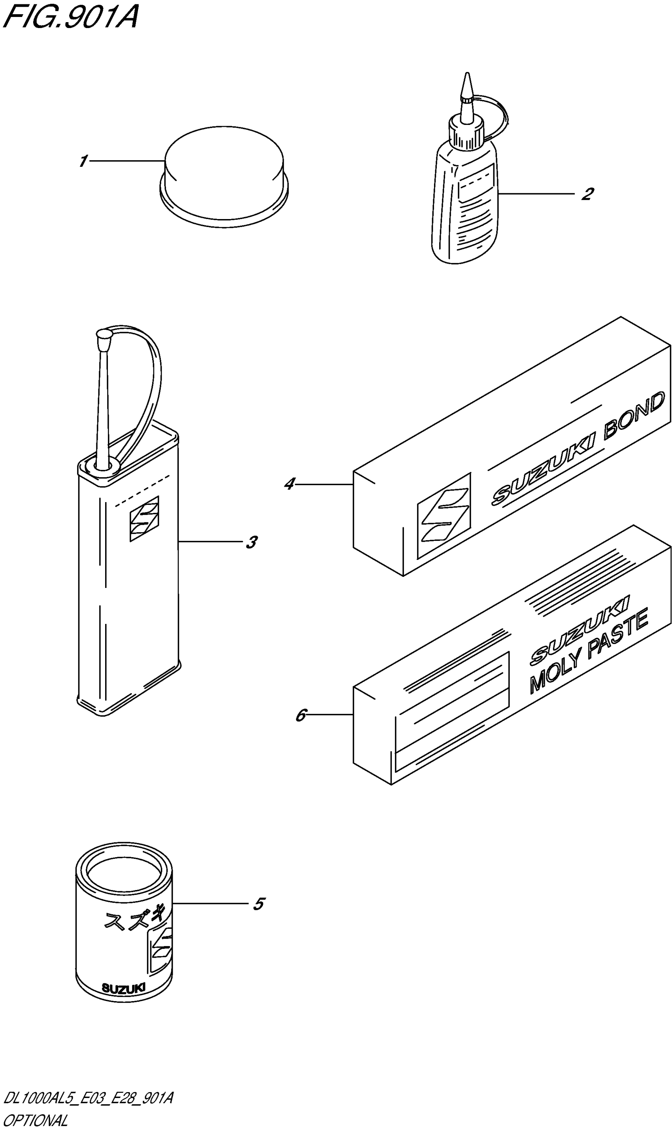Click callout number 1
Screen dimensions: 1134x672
tap(83, 161)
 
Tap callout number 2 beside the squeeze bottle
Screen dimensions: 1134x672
tap(587, 194)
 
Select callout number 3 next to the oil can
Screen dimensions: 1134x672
tap(251, 542)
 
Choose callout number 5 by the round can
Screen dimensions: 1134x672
tap(258, 904)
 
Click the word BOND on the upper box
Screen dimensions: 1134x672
tap(634, 417)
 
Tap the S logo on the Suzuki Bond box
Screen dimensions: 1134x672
tap(444, 515)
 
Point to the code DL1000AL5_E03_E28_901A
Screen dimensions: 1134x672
tap(88, 1099)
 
